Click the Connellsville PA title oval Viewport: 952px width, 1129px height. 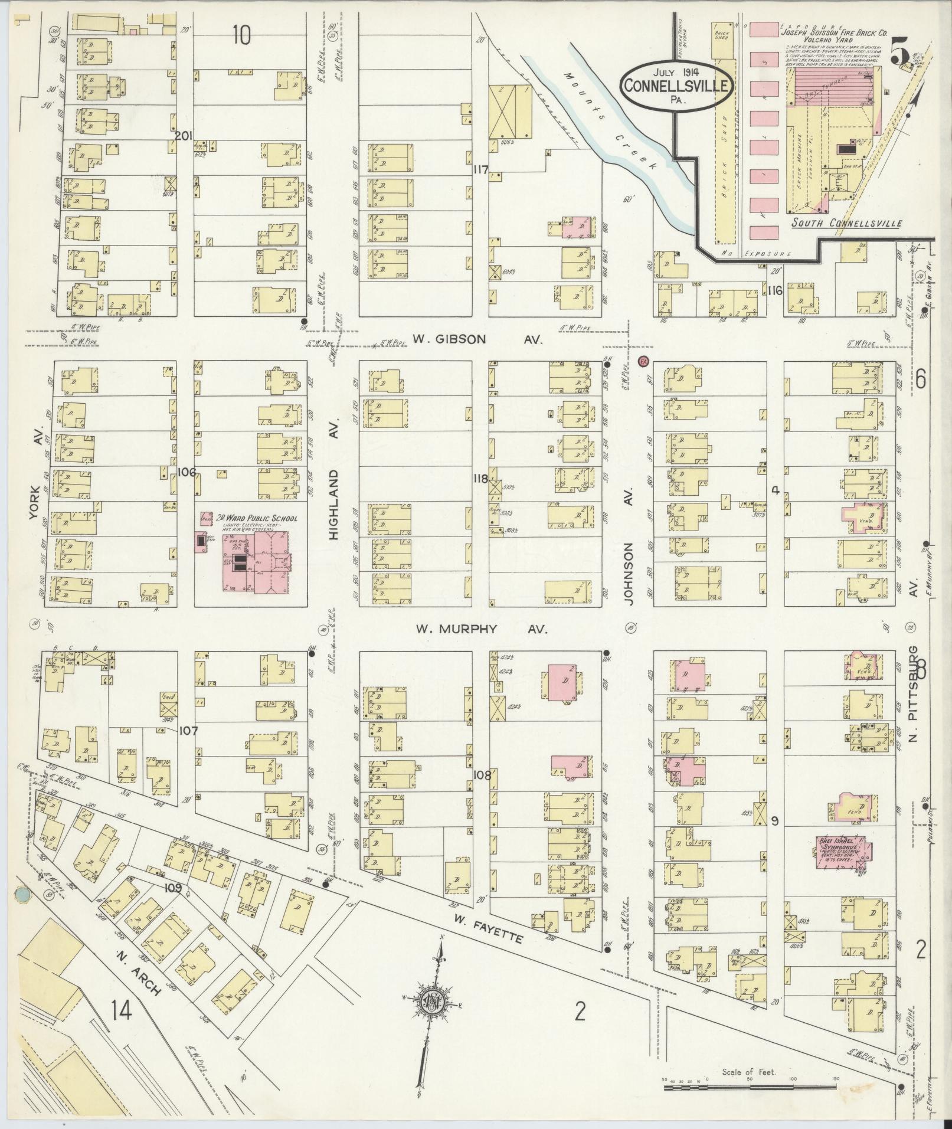click(678, 84)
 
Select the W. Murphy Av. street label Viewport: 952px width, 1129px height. click(481, 629)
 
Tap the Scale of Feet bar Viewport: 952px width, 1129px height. click(750, 1082)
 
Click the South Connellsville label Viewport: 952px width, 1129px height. click(846, 223)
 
